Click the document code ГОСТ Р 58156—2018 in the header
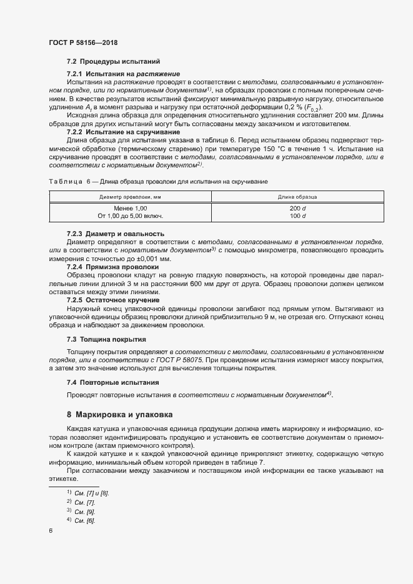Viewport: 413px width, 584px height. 82,42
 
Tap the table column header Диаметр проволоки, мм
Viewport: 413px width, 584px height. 130,197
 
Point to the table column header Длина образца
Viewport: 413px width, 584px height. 297,197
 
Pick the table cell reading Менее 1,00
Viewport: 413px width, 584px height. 130,208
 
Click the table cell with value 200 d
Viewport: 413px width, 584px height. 297,208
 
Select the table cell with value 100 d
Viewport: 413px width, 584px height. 297,215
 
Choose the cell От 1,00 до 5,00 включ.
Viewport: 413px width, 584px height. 130,215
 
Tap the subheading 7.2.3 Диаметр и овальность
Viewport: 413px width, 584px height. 111,233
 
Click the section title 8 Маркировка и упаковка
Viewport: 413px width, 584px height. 120,415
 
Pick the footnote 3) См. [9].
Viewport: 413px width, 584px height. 80,511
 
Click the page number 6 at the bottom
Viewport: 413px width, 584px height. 51,531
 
